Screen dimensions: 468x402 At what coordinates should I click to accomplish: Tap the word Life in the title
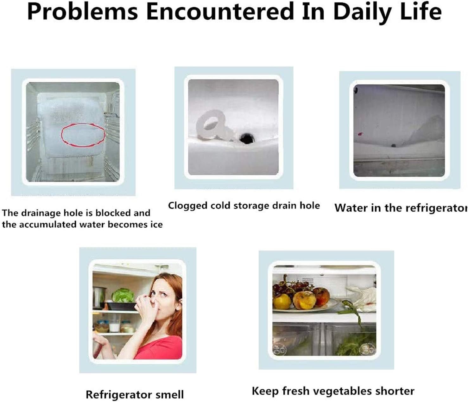[x=421, y=11]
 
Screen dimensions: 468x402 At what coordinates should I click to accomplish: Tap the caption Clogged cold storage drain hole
[x=244, y=205]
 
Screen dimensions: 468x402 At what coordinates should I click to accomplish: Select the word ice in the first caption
[x=156, y=224]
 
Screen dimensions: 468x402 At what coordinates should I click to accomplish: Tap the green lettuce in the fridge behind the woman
[x=123, y=295]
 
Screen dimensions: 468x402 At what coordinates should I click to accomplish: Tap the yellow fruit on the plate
[x=282, y=301]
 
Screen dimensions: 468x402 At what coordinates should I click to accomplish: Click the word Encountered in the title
[x=220, y=11]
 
